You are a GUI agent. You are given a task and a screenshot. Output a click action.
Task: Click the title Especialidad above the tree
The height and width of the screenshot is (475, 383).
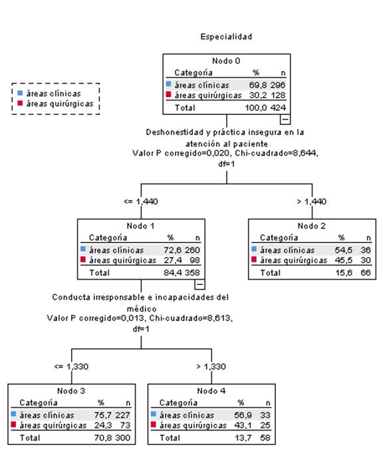226,37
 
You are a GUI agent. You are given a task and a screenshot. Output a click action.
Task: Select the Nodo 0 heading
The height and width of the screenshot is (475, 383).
226,61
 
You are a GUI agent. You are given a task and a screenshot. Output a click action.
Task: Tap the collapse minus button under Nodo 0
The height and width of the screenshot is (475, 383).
285,119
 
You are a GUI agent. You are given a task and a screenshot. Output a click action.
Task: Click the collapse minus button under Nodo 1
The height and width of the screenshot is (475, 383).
199,284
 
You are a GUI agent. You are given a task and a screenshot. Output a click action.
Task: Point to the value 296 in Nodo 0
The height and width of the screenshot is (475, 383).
278,85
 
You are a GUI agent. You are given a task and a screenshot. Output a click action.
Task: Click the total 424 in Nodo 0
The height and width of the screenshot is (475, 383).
278,108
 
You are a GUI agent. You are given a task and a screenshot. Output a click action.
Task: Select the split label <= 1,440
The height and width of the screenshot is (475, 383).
141,201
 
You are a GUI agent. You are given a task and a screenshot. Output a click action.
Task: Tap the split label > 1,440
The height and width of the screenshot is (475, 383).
312,201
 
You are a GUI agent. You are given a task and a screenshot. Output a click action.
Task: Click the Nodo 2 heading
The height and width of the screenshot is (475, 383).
311,226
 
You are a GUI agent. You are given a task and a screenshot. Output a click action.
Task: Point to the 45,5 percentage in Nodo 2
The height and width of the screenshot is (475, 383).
344,260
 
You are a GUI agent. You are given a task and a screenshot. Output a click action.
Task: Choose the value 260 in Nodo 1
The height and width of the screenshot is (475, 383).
192,250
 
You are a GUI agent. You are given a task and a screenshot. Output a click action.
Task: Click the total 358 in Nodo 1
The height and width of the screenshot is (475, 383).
192,272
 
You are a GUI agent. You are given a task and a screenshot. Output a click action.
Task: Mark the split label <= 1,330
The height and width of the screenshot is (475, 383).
71,367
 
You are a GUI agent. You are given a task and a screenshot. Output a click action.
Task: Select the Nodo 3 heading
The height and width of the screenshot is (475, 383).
71,391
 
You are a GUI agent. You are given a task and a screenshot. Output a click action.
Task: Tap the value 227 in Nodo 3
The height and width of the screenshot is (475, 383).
122,415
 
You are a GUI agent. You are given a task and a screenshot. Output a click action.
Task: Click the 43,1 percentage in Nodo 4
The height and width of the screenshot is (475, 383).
243,425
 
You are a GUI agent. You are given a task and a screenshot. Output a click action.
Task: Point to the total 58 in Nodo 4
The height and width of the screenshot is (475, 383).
265,438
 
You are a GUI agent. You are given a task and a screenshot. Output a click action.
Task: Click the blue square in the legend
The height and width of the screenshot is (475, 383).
20,93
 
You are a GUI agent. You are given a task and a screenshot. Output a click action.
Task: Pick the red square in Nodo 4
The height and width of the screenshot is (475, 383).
154,425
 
